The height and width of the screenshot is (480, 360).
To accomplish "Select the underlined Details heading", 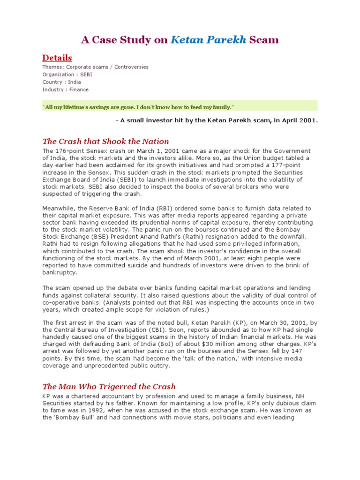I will (57, 58).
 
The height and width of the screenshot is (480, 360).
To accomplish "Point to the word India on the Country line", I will (74, 82).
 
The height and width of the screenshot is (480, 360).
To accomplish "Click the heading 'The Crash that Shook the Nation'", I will (105, 141).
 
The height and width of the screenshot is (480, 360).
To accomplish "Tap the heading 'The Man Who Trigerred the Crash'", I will (109, 386).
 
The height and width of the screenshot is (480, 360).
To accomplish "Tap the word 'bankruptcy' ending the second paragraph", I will (60, 272).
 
